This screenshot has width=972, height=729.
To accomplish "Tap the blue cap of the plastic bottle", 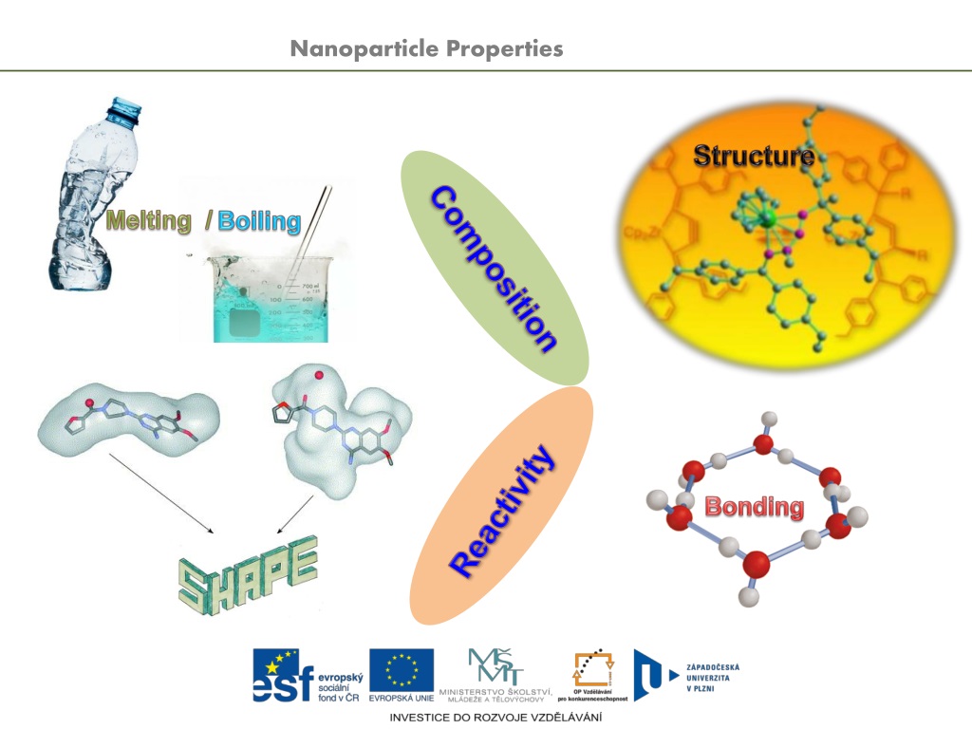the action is tap(123, 109).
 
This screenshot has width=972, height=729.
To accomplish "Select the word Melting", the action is tap(149, 221).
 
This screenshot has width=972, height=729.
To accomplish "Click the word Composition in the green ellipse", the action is tap(493, 268).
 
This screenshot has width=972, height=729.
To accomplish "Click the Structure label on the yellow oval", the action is tap(753, 155).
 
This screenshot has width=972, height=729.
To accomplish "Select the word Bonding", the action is tap(754, 507).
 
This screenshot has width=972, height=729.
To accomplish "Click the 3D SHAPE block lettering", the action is tap(247, 571).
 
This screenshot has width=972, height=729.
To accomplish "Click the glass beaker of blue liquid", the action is tap(262, 294).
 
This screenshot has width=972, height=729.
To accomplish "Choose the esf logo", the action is tap(308, 676).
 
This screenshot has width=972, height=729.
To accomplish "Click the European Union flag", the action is tap(401, 670).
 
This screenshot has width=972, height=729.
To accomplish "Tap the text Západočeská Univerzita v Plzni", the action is tap(711, 677).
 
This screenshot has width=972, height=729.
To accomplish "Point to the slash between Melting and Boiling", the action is tap(207, 221).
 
